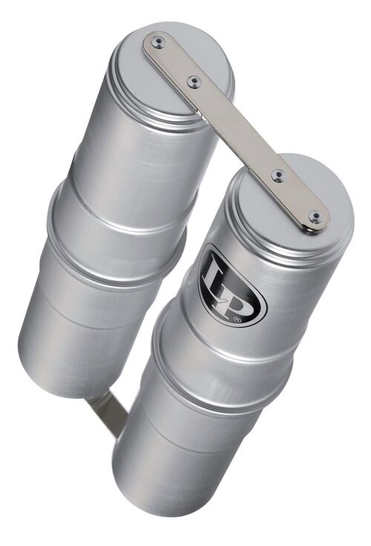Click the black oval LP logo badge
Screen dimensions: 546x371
pos(232,285)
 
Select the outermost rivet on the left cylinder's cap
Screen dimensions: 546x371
pos(157,43)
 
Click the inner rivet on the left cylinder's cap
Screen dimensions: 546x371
pos(194,82)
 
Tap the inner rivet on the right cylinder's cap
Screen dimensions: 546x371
pos(278,176)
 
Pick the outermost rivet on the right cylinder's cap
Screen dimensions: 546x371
pos(315,217)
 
